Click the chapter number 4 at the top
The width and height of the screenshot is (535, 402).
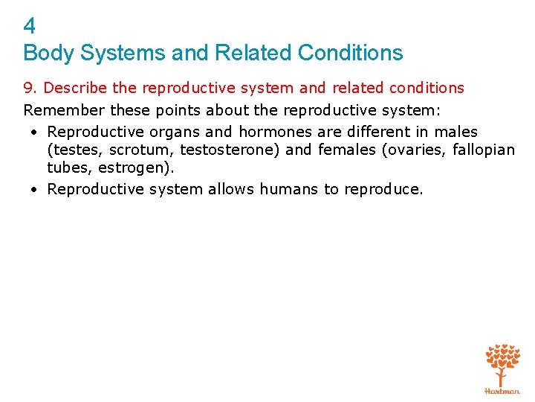tap(30, 27)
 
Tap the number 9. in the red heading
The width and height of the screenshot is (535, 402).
tap(31, 88)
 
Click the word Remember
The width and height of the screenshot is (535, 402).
tap(62, 110)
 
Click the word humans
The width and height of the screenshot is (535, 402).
tap(289, 189)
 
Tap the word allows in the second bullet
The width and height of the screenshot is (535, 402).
tap(231, 189)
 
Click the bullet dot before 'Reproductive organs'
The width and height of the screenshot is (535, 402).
tap(35, 133)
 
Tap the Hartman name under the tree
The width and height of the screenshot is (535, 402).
tap(503, 390)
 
